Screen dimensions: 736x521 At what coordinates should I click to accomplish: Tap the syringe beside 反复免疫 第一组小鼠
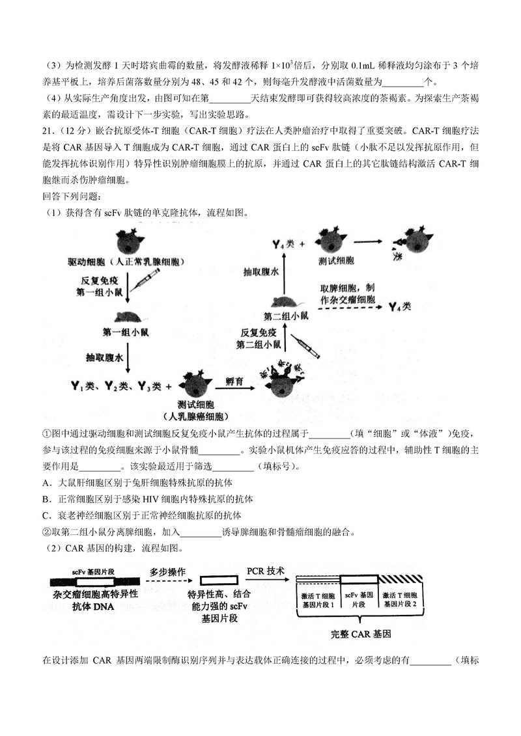click(x=146, y=282)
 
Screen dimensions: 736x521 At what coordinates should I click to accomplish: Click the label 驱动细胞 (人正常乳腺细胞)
click(x=125, y=262)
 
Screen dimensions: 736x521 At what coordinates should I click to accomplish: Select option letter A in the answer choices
click(x=46, y=483)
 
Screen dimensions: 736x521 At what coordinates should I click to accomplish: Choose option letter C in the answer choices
click(x=46, y=515)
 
